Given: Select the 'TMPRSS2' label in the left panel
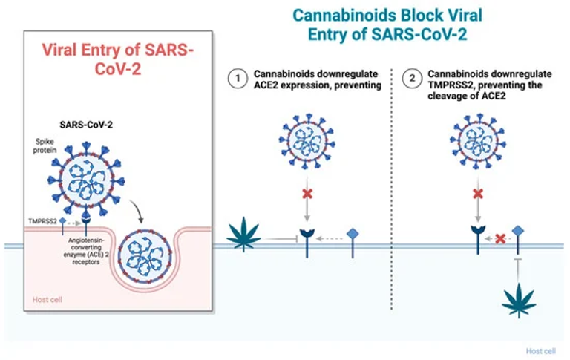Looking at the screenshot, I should pyautogui.click(x=42, y=220).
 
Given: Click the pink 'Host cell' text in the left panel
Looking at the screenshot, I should pyautogui.click(x=47, y=299).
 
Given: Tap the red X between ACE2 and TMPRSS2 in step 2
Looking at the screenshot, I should pyautogui.click(x=500, y=239).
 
